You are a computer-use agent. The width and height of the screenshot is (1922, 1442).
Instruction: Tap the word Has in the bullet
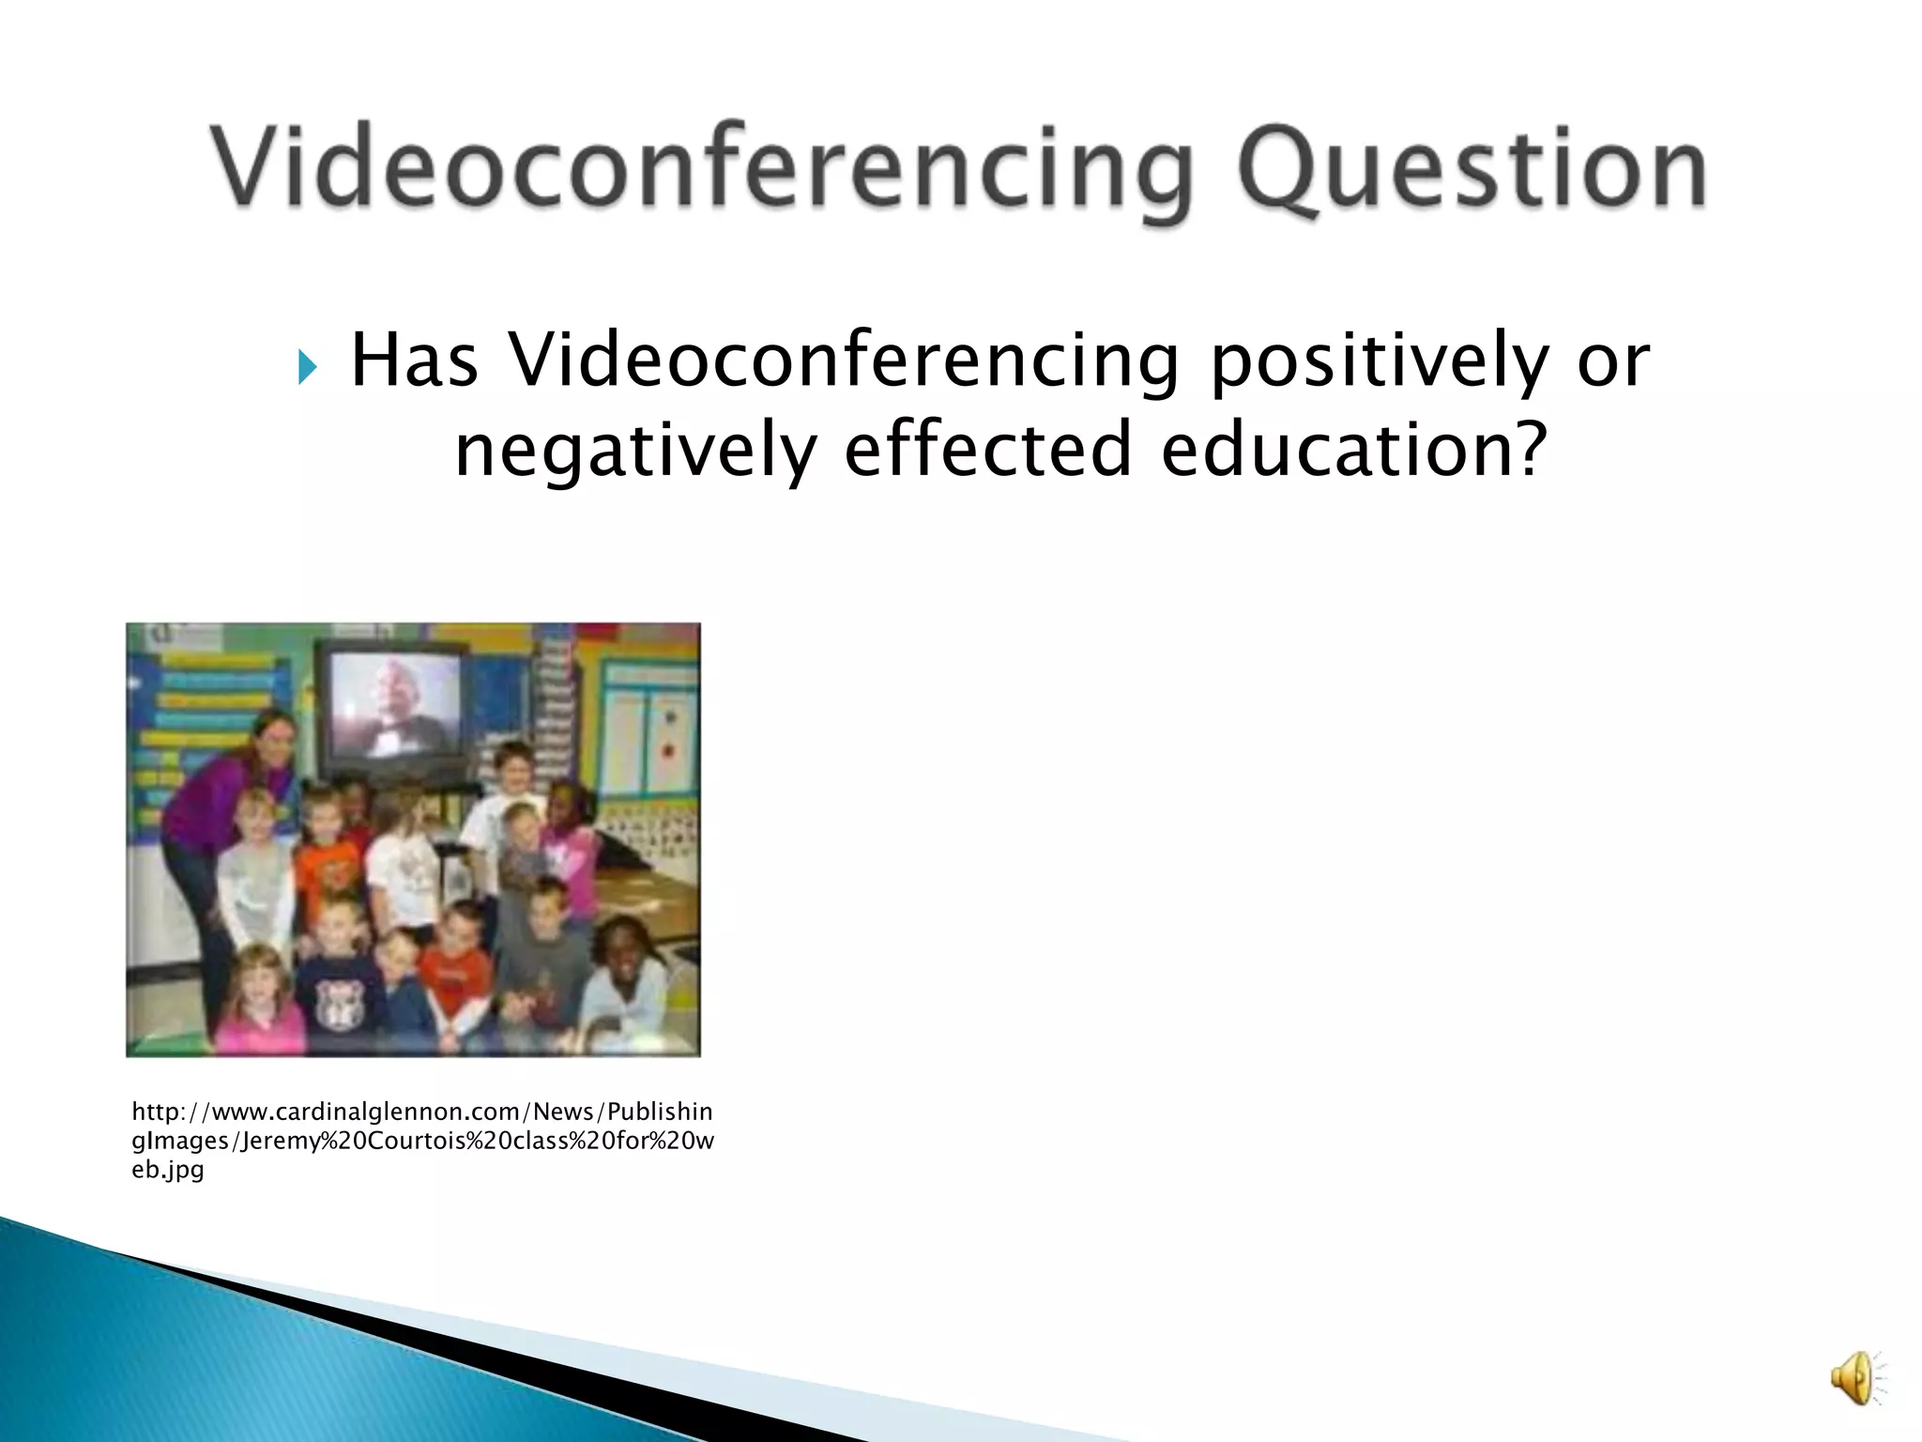(x=413, y=360)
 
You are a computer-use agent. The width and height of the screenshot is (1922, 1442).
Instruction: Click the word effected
(x=988, y=449)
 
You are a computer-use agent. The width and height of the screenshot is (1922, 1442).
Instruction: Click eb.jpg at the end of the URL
(x=168, y=1170)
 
